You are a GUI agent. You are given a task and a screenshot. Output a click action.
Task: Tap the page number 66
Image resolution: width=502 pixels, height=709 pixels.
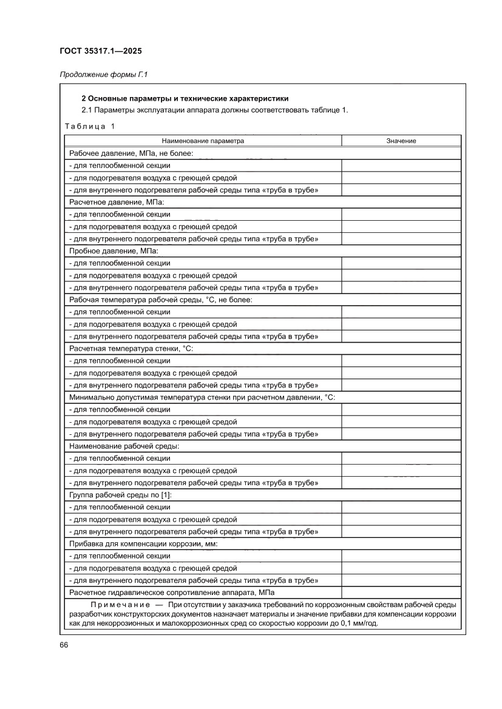[x=63, y=645]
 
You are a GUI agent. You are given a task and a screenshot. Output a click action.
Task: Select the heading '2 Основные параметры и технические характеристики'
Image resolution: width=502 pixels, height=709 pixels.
[x=185, y=98]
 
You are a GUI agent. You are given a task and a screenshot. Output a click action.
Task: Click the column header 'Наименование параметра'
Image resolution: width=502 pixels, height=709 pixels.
[x=203, y=141]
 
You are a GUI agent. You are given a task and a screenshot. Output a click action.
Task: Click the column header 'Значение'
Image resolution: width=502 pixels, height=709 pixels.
[x=401, y=141]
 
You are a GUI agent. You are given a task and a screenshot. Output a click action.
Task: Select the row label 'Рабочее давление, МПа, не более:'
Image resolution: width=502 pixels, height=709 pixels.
[x=131, y=153]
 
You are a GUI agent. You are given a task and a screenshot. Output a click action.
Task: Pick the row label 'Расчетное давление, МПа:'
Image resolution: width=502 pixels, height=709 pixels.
[x=117, y=202]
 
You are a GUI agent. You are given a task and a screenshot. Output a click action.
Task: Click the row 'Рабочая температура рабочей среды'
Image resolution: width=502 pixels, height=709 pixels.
[x=160, y=300]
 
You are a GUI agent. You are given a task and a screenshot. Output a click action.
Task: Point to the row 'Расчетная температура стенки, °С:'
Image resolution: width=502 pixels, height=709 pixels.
[x=132, y=349]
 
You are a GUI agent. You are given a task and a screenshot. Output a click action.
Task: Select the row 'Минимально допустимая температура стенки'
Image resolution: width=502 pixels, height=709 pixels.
[x=202, y=397]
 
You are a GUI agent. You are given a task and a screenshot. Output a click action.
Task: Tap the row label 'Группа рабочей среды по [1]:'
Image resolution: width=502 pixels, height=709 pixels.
[x=121, y=495]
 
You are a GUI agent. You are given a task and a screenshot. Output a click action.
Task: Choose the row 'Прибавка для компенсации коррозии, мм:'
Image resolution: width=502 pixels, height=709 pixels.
[x=143, y=544]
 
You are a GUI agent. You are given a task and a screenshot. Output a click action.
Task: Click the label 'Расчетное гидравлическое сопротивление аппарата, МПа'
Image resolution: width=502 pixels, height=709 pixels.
[x=172, y=593]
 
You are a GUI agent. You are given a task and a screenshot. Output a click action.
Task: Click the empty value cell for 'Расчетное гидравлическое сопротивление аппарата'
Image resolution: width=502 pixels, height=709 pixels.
[x=401, y=593]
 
